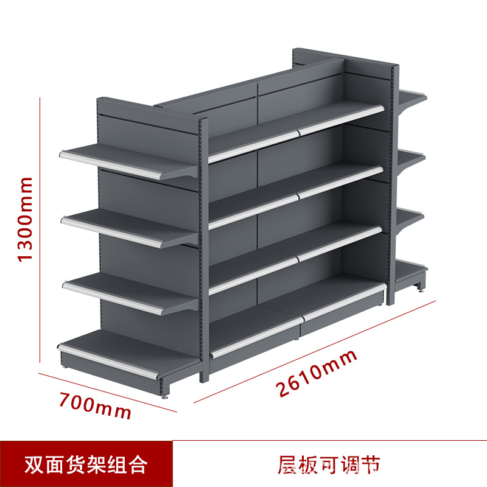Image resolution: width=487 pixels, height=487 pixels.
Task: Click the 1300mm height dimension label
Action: point(25,219)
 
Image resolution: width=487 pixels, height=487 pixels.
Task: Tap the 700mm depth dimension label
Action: point(96,404)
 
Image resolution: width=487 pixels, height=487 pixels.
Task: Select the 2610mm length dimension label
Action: point(317,374)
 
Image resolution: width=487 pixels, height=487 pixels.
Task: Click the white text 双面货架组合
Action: point(86,464)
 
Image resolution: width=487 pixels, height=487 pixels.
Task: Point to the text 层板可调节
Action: point(329,464)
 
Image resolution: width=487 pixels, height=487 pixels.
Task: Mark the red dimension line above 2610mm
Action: point(310,353)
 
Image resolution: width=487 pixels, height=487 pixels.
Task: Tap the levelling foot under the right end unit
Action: point(419,288)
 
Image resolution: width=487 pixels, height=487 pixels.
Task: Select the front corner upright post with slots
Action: point(204,250)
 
